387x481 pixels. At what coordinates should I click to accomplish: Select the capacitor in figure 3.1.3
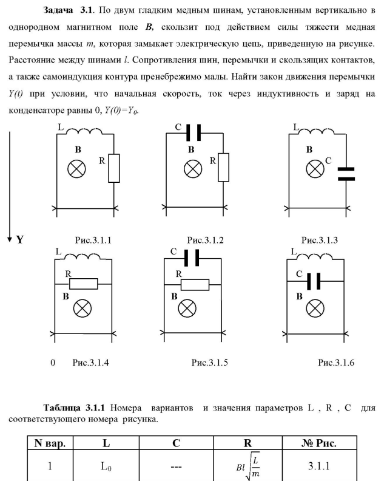click(345, 174)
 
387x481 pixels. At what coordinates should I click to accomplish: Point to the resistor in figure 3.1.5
click(195, 284)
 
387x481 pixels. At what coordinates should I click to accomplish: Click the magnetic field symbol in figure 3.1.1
click(76, 169)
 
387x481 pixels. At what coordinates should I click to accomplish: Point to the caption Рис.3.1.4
click(90, 363)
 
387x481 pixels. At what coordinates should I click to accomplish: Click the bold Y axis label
click(20, 240)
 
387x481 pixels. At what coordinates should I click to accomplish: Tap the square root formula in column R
click(248, 467)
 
